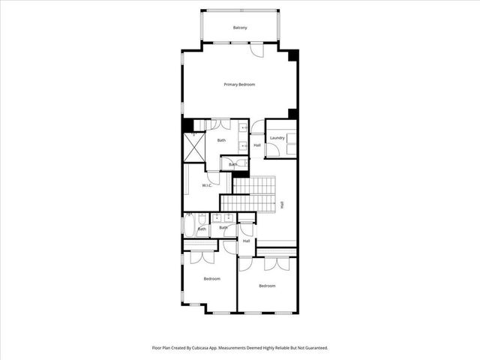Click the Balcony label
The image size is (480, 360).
pyautogui.click(x=239, y=28)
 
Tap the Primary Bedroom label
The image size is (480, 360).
pyautogui.click(x=239, y=85)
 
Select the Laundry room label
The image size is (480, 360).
pyautogui.click(x=277, y=138)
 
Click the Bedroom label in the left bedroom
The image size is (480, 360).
pyautogui.click(x=212, y=279)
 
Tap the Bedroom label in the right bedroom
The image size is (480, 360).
pyautogui.click(x=267, y=286)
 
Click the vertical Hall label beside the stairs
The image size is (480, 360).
pyautogui.click(x=282, y=204)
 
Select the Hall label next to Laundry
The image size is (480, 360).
pyautogui.click(x=257, y=145)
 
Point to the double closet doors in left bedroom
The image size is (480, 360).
pyautogui.click(x=202, y=257)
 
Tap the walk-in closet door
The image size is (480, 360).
pyautogui.click(x=213, y=178)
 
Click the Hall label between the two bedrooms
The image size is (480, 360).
pyautogui.click(x=246, y=241)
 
